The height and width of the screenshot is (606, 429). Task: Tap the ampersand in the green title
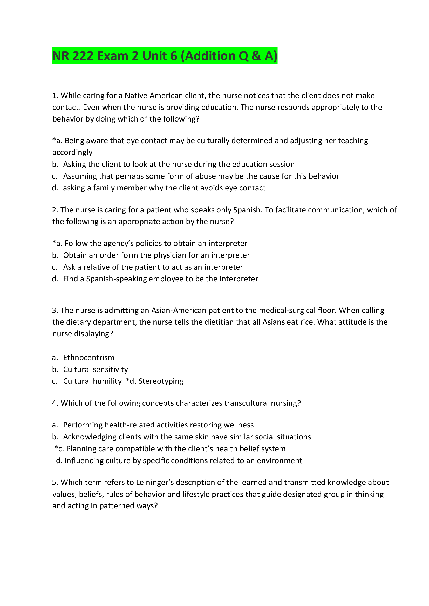pyautogui.click(x=256, y=56)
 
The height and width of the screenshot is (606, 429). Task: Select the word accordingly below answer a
pyautogui.click(x=72, y=152)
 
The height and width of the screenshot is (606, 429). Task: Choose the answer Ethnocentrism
pyautogui.click(x=88, y=358)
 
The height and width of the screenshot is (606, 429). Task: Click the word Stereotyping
pyautogui.click(x=161, y=381)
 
